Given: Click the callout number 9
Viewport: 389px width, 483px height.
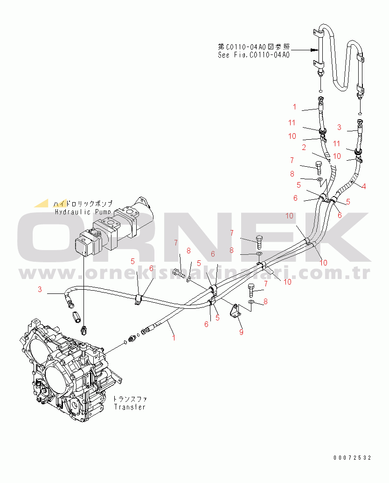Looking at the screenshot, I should click(x=241, y=333).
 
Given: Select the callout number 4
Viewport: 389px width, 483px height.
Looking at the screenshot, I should click(x=364, y=186).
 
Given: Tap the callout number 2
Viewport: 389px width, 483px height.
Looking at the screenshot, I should click(x=304, y=148).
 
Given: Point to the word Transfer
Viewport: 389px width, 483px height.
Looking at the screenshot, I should click(x=130, y=407).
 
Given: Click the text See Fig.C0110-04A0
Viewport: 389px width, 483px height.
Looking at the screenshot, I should click(x=254, y=54).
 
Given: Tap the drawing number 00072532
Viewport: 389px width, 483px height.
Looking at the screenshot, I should click(x=353, y=458).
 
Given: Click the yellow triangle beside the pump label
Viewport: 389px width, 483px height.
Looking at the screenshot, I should click(x=41, y=203).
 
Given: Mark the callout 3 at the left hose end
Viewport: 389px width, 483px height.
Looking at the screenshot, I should click(x=40, y=289).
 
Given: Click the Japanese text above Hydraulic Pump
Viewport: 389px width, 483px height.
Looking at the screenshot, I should click(x=83, y=204).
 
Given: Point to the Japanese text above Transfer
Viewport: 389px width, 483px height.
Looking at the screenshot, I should click(x=130, y=399).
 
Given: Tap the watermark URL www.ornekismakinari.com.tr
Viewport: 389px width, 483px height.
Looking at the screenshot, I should click(x=194, y=273).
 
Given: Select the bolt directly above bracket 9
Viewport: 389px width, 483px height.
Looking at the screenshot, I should click(x=252, y=290).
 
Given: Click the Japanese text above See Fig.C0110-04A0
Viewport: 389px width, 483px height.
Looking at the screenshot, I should click(x=254, y=47).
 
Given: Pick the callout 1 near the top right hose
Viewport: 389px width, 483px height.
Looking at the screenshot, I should click(x=294, y=107).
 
